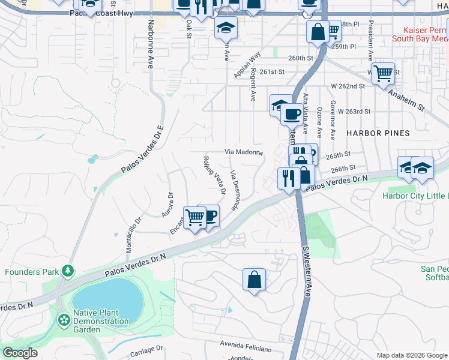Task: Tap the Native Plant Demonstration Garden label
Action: click(100, 317)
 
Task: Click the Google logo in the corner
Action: click(20, 353)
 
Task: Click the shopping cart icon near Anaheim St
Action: click(382, 74)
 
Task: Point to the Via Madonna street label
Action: click(244, 152)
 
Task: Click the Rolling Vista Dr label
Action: click(214, 176)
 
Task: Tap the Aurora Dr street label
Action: click(167, 205)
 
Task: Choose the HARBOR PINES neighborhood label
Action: click(378, 133)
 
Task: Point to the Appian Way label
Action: click(247, 64)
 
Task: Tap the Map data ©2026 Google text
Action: click(412, 355)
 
